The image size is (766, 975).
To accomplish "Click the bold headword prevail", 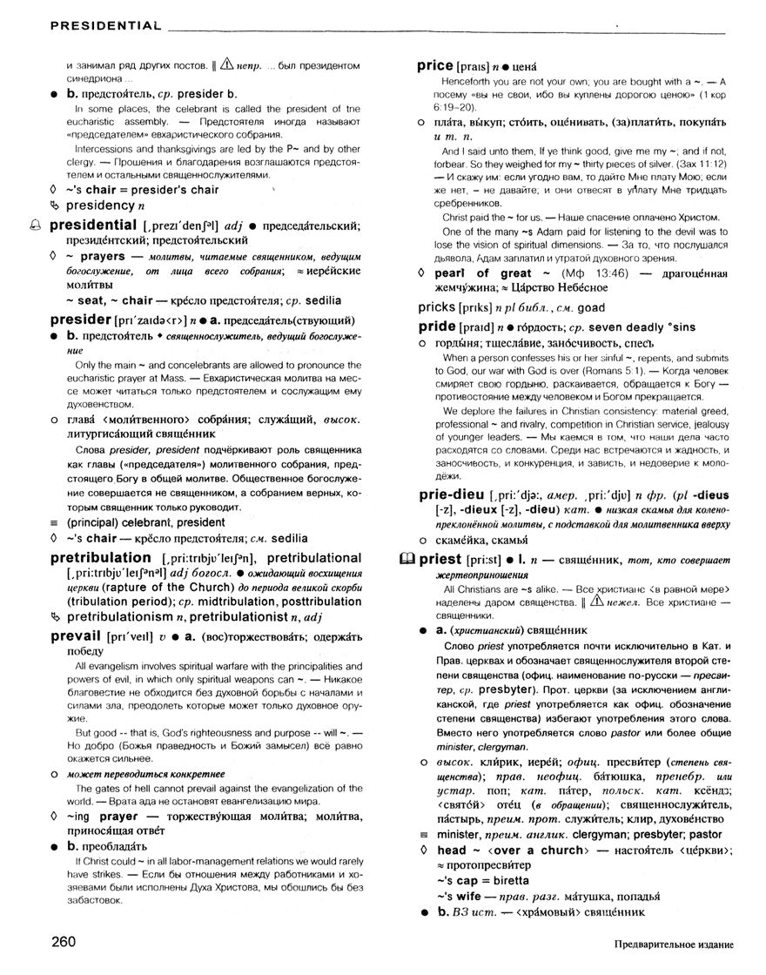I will click(77, 636).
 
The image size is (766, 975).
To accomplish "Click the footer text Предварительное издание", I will click(673, 945).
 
